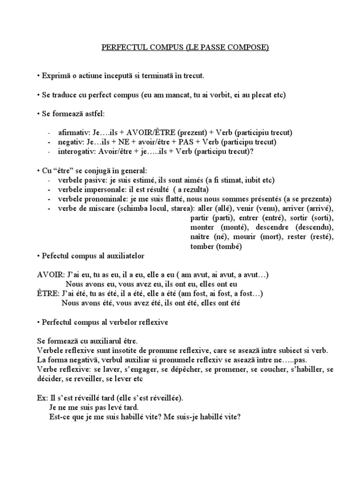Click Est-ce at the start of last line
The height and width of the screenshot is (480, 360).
[x=58, y=416]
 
